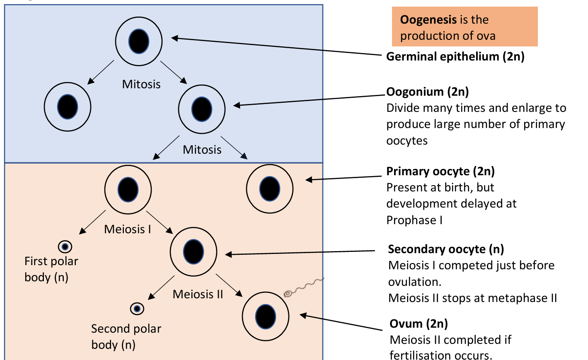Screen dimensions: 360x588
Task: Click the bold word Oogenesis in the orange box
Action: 428,19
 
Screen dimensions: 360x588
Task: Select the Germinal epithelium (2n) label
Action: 455,56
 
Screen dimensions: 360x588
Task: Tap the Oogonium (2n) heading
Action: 427,92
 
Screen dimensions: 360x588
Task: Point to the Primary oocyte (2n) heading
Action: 440,171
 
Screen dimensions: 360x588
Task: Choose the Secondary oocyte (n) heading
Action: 445,249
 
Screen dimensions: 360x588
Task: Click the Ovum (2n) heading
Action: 419,324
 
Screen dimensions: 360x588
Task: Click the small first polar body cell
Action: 65,247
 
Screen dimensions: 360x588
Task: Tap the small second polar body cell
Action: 137,309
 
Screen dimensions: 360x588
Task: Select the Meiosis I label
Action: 127,229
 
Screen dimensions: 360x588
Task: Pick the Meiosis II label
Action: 198,294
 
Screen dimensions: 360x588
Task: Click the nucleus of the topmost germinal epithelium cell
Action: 138,41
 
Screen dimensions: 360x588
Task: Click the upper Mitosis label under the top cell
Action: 141,84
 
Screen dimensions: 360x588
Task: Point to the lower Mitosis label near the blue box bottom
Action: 202,150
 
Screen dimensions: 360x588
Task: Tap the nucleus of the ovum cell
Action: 265,317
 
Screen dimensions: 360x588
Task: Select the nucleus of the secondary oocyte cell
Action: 194,252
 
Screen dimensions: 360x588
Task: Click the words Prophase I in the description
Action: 414,220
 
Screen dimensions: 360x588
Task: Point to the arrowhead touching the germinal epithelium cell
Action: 174,38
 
